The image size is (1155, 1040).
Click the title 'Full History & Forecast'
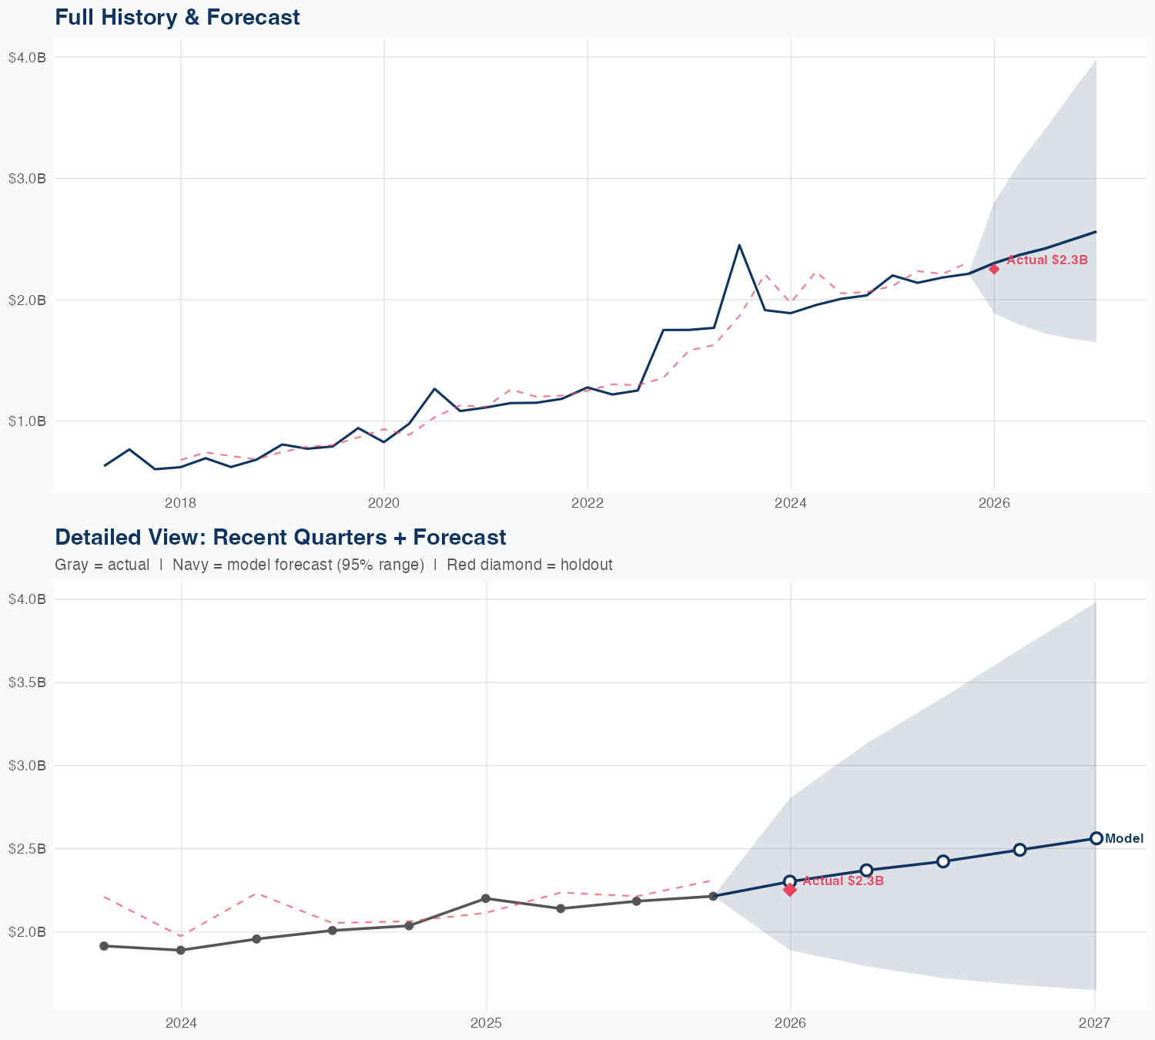coord(177,17)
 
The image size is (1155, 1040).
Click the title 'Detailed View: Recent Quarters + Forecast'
coord(280,537)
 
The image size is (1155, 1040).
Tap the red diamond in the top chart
coord(994,269)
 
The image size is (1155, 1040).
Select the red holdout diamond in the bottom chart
coord(790,890)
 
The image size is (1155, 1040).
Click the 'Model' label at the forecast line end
coord(1124,839)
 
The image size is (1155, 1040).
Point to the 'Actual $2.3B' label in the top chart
coord(1047,260)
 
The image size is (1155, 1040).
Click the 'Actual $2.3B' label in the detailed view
coord(843,881)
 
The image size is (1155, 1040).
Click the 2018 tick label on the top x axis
coord(180,503)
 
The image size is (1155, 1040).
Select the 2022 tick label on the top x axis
coord(587,503)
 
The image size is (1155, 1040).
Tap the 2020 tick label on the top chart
coord(383,503)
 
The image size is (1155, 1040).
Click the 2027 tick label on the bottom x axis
coord(1094,1023)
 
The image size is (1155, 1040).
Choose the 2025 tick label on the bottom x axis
coord(486,1023)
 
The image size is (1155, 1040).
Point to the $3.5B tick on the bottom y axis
coord(27,683)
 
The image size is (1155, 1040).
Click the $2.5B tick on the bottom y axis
coord(27,849)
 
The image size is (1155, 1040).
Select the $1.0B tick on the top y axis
coord(27,421)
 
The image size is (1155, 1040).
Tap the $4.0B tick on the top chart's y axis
coord(27,58)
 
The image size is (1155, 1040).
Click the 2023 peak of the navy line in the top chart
coord(739,245)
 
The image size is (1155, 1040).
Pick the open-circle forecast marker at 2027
coord(1096,838)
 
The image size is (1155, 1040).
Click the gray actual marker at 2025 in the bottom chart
coord(486,898)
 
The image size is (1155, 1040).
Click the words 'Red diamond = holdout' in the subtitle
coord(529,565)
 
